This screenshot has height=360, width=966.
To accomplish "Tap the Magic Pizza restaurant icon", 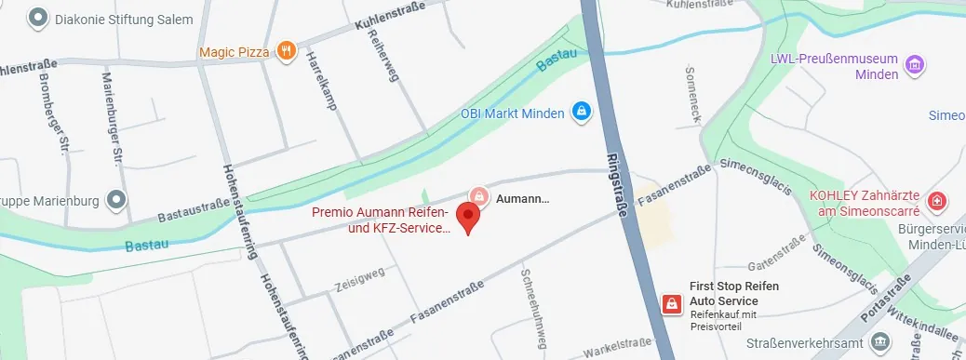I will [x=287, y=51].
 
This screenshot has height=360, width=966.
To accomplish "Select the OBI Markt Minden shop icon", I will [x=581, y=113].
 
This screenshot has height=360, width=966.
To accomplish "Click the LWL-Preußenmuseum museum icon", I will [x=915, y=65].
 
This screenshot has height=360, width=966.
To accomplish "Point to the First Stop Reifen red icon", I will [x=669, y=303].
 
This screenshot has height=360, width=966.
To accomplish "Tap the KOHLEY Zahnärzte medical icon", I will [x=937, y=200].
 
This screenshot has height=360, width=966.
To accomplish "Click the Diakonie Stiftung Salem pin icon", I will [x=38, y=18].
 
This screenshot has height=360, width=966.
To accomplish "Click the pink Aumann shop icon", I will [x=478, y=196].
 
